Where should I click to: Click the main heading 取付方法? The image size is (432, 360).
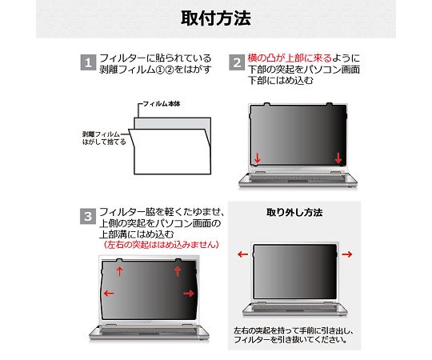(x=216, y=18)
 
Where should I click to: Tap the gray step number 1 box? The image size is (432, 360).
(x=88, y=62)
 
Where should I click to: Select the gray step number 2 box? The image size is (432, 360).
(x=237, y=62)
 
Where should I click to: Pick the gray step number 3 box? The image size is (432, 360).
(x=88, y=216)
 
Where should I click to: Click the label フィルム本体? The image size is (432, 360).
(x=162, y=104)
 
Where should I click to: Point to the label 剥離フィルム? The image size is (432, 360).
(x=101, y=134)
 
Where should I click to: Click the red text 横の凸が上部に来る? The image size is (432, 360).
(x=290, y=58)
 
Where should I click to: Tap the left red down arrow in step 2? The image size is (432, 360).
(x=258, y=158)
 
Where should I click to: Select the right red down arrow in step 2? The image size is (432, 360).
(x=338, y=158)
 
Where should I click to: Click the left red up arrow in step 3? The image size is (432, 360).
(x=119, y=271)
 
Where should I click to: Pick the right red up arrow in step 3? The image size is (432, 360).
(x=178, y=271)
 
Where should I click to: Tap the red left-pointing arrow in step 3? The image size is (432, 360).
(x=109, y=294)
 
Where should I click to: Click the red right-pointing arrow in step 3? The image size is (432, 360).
(x=189, y=294)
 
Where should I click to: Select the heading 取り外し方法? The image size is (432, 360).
(x=294, y=212)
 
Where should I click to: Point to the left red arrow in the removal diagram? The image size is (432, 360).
(x=242, y=254)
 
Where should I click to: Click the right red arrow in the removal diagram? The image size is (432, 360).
(x=347, y=254)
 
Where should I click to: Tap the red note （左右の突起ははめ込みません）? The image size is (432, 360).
(x=162, y=244)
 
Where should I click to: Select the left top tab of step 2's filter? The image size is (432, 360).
(x=266, y=104)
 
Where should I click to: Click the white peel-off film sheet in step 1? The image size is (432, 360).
(x=171, y=152)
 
